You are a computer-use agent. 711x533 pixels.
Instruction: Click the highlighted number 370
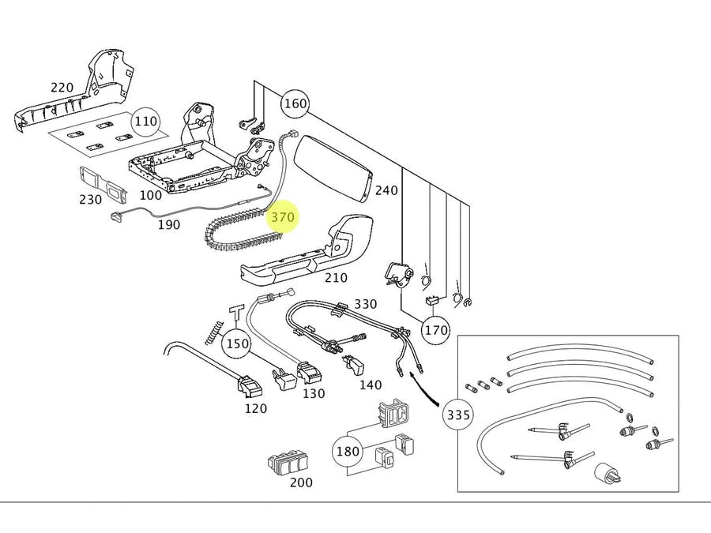(282, 216)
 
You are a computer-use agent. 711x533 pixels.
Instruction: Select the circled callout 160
(295, 103)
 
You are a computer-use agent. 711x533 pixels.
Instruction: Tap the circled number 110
(146, 122)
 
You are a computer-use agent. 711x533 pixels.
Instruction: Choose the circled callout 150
(236, 344)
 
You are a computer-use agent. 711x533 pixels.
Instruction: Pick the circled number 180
(348, 452)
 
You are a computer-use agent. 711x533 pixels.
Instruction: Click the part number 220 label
(62, 88)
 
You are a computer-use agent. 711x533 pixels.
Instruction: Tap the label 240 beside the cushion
(386, 190)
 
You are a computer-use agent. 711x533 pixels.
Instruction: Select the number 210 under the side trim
(336, 278)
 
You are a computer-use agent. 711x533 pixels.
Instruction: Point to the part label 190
(168, 225)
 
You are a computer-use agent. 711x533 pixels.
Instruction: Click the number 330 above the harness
(365, 304)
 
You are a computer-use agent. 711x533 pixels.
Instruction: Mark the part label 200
(300, 482)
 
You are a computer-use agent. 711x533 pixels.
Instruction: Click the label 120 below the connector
(255, 408)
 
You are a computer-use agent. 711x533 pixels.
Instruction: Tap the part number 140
(370, 385)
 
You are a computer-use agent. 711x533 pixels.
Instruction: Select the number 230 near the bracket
(90, 200)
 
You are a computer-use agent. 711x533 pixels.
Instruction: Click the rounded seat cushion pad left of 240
(332, 167)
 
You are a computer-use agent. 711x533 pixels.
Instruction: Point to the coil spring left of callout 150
(211, 332)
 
